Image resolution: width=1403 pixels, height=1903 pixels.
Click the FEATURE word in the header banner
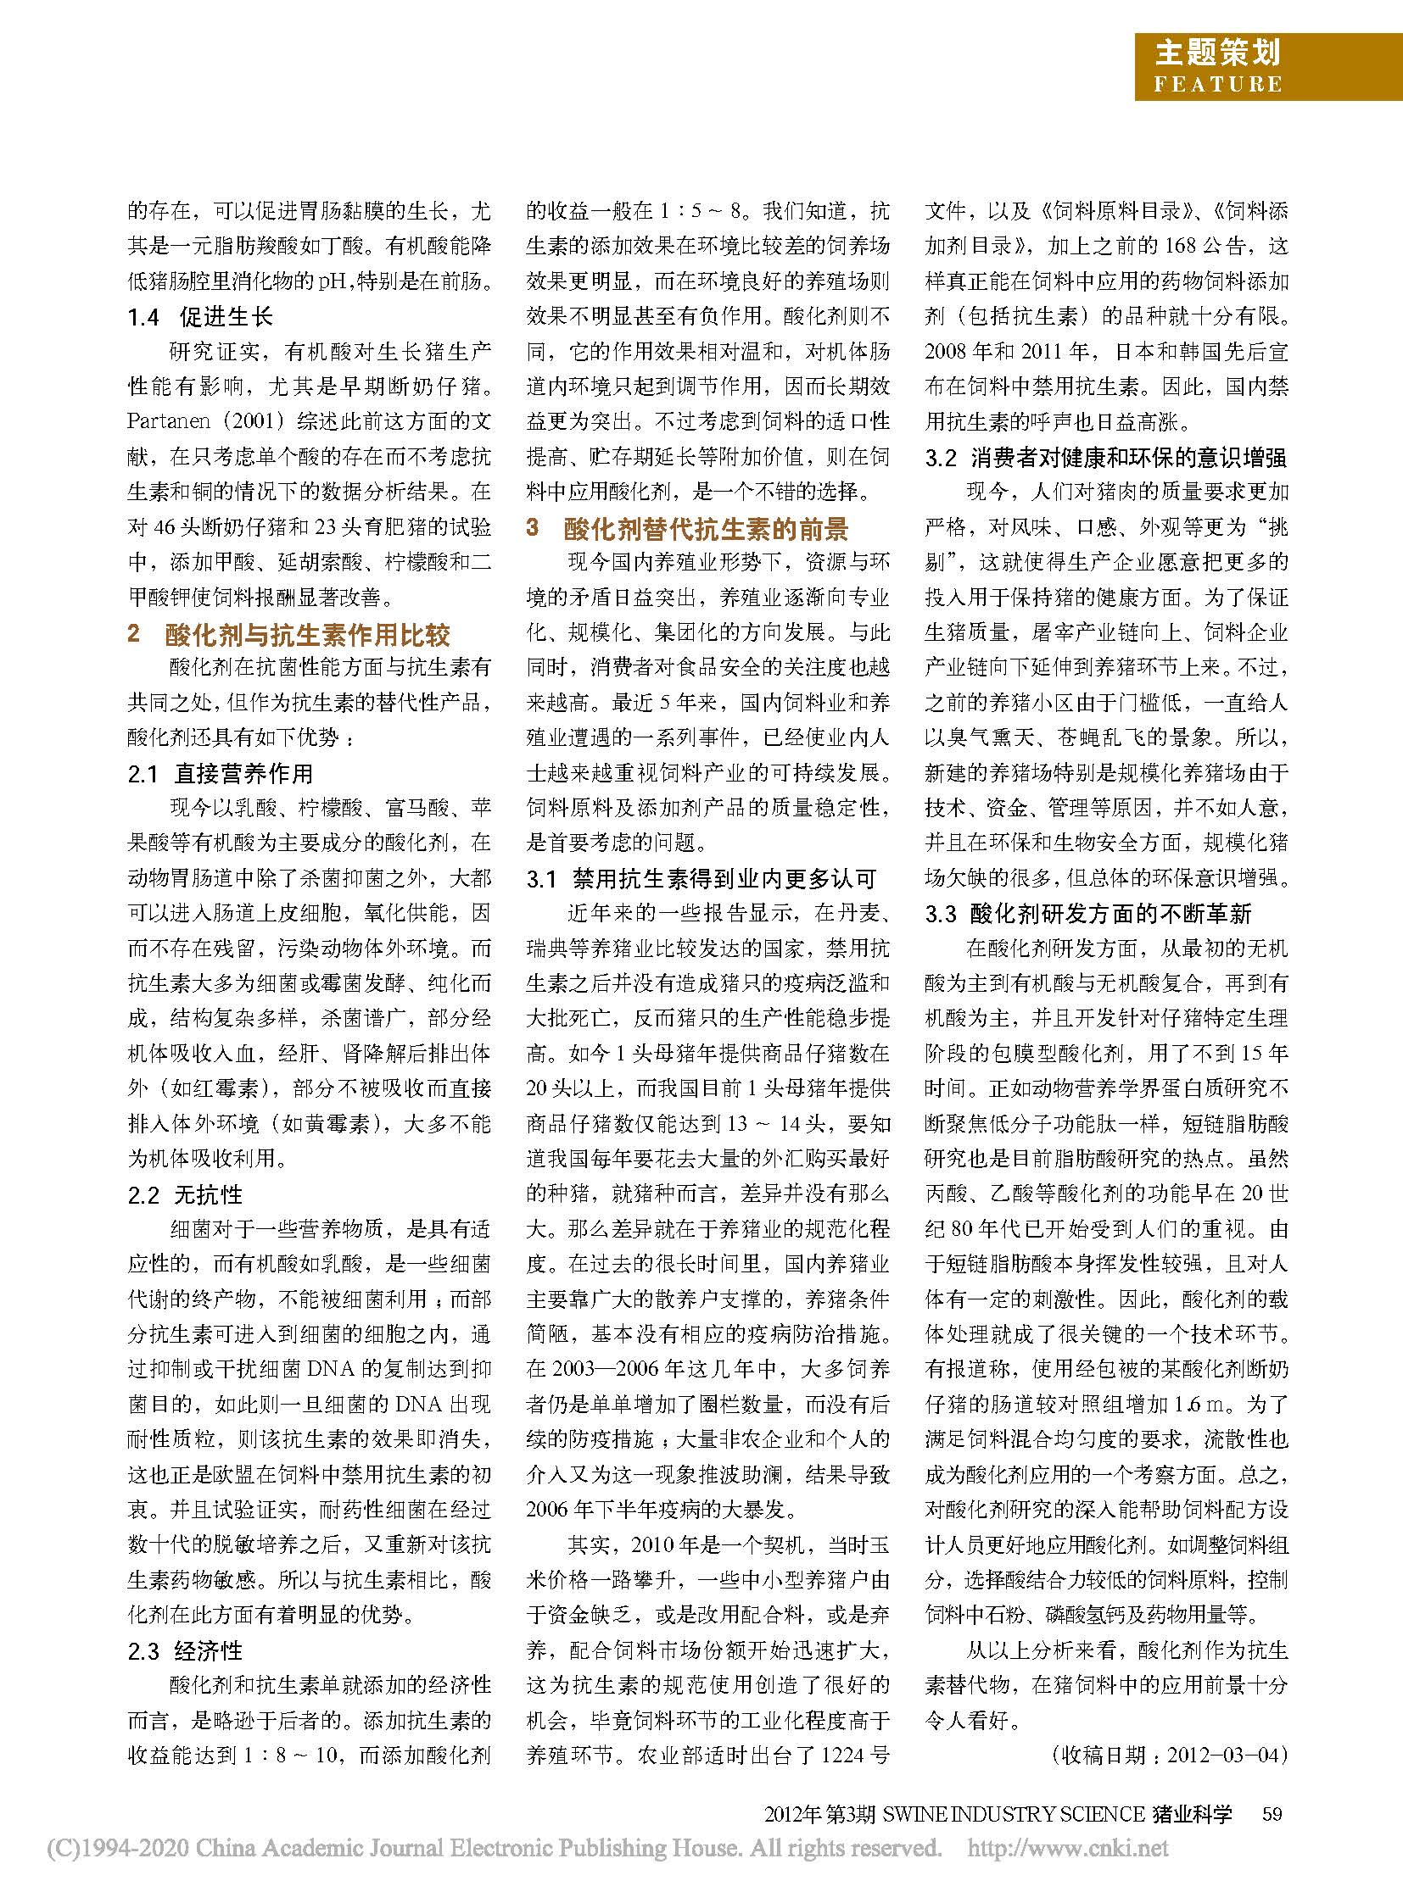pyautogui.click(x=1216, y=83)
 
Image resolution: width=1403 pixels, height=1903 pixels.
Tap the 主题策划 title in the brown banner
pyautogui.click(x=1216, y=53)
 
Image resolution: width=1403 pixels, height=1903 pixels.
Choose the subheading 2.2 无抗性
pyautogui.click(x=185, y=1195)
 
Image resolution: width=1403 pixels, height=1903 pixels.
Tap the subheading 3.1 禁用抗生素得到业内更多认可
pyautogui.click(x=701, y=879)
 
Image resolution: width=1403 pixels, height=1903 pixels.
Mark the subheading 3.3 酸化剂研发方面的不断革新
pyautogui.click(x=1088, y=914)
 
